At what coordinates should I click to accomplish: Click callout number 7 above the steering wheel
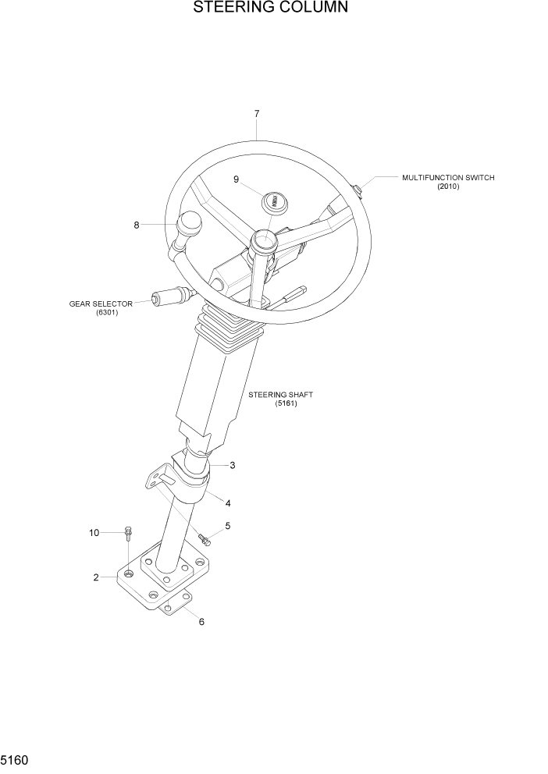click(x=257, y=114)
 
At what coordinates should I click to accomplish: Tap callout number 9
click(x=236, y=179)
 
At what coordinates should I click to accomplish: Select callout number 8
click(x=137, y=225)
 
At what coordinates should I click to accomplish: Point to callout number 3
click(x=233, y=465)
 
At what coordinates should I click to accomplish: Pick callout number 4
click(x=228, y=502)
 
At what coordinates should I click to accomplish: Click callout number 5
click(x=227, y=525)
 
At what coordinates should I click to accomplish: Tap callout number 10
click(x=94, y=533)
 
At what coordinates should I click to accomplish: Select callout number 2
click(x=96, y=578)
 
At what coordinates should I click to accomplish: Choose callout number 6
click(x=201, y=622)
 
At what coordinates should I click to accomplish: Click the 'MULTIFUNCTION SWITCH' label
click(x=448, y=178)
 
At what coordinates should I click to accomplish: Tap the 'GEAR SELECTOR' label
click(x=101, y=304)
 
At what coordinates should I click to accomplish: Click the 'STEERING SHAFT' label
click(x=279, y=395)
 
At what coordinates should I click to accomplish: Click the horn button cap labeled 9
click(x=275, y=202)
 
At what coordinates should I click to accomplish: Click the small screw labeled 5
click(x=205, y=538)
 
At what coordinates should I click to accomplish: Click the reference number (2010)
click(x=448, y=186)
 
